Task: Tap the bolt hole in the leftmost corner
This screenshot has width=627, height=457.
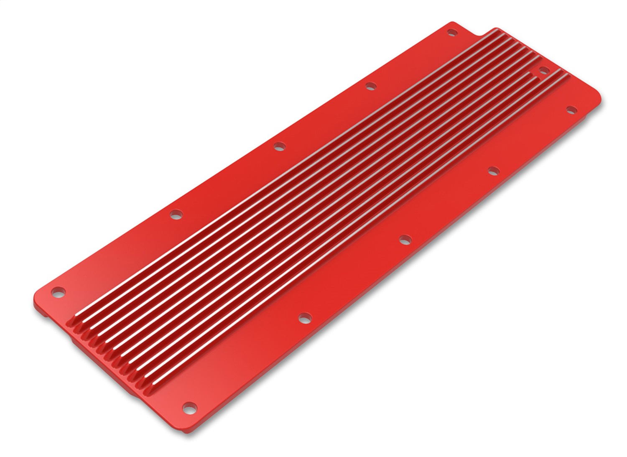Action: coord(58,290)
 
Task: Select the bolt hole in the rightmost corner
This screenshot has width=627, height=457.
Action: coord(571,110)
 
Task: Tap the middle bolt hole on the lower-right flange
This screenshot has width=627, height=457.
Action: coord(404,240)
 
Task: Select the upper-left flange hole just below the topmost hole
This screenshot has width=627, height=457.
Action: coord(370,87)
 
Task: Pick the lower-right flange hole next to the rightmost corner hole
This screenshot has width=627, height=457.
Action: coord(494,170)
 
